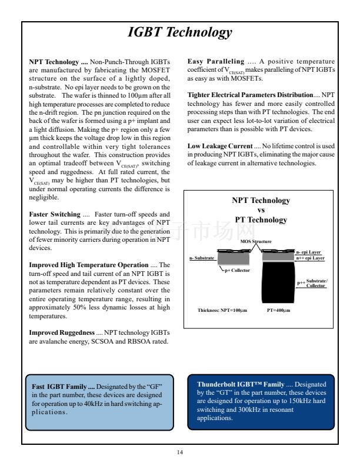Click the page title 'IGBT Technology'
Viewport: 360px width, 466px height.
[x=179, y=33]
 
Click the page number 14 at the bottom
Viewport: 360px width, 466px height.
[x=180, y=451]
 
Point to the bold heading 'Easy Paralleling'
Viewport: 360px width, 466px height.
[x=215, y=61]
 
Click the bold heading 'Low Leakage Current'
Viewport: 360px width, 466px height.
[x=219, y=145]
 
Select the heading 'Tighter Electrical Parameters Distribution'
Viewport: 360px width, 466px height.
[x=250, y=95]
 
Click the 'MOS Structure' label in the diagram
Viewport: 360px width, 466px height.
[x=256, y=242]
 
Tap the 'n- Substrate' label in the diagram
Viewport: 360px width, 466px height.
[x=202, y=258]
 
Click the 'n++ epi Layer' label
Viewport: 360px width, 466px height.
[x=310, y=258]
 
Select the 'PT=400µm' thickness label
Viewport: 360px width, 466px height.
[x=278, y=309]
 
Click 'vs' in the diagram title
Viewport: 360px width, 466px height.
[x=261, y=210]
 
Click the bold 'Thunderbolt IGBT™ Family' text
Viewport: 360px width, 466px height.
[x=240, y=384]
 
